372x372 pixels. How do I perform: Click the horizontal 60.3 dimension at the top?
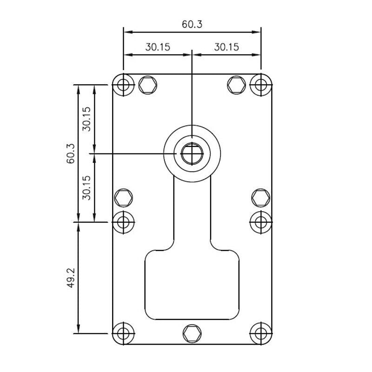coord(192,25)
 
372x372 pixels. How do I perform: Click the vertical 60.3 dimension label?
coord(71,153)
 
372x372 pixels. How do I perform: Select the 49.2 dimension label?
coord(71,278)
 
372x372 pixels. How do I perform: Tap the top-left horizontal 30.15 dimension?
coord(158,47)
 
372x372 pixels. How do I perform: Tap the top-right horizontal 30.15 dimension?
coord(226,47)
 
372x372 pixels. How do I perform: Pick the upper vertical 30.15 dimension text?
coord(87,119)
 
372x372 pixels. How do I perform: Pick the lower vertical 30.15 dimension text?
coord(87,188)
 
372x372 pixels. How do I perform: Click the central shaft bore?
coord(192,154)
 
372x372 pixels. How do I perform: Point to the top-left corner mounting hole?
coord(123,85)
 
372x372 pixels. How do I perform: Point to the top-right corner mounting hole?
coord(261,85)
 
